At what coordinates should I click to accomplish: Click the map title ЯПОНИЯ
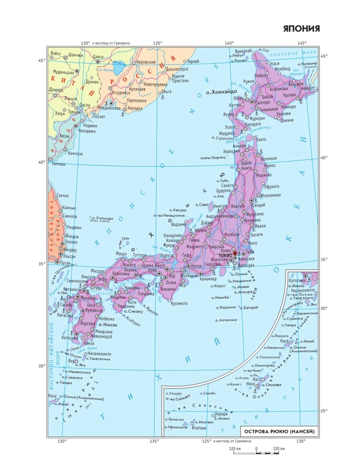301,29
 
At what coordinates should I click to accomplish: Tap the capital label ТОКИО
225,255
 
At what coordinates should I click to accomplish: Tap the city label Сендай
259,205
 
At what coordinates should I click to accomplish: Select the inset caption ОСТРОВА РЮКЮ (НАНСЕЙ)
279,431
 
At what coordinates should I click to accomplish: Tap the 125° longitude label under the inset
206,441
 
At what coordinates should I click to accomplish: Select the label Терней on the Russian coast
193,62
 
